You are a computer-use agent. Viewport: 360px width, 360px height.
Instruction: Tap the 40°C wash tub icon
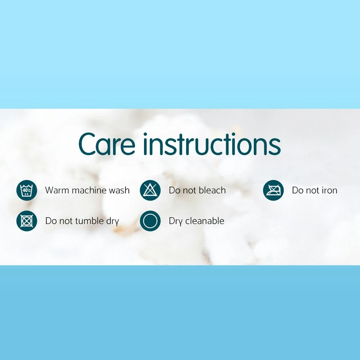click(27, 190)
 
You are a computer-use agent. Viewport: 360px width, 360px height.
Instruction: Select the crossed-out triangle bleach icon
click(150, 190)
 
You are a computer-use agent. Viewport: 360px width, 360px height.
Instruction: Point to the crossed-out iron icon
click(273, 190)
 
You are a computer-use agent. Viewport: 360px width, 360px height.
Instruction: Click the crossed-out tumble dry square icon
click(27, 221)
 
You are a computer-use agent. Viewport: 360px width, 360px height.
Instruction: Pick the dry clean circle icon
click(150, 221)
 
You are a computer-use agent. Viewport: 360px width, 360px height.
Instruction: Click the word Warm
click(56, 190)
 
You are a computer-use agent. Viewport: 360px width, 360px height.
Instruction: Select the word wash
click(119, 190)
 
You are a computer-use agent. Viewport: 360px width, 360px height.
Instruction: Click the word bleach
click(212, 190)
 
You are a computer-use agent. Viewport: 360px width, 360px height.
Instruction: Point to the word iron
click(329, 190)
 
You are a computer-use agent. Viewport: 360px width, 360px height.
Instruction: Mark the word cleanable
click(205, 221)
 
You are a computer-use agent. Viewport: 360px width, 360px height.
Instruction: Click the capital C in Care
click(87, 144)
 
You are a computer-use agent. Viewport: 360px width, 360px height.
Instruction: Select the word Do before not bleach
click(174, 190)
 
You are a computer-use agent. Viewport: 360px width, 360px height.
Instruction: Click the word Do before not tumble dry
click(51, 221)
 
